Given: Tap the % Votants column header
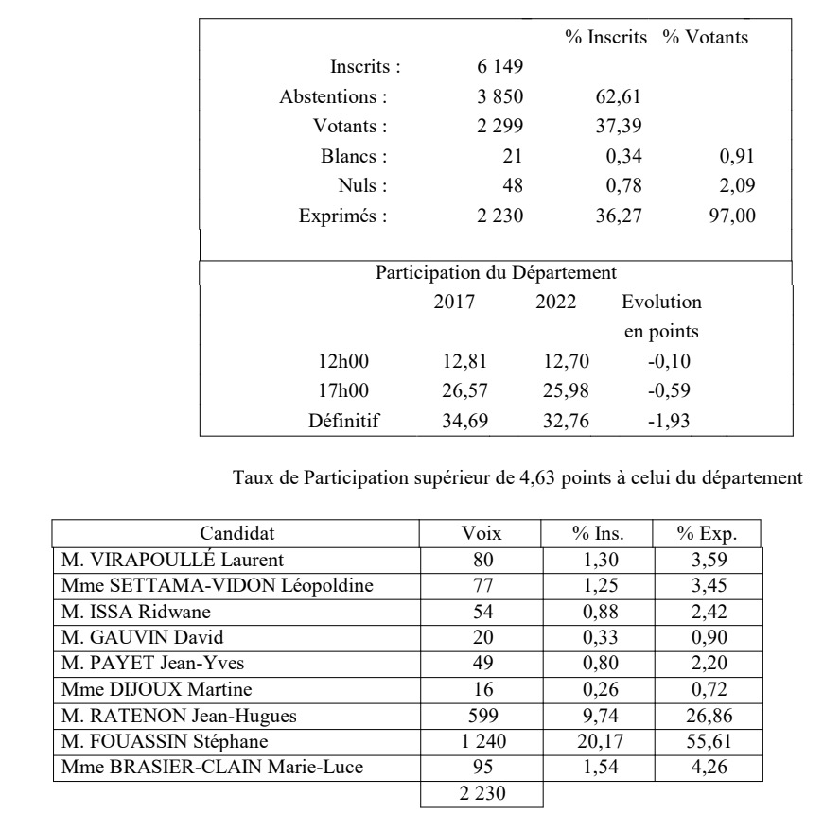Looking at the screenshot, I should click(706, 38).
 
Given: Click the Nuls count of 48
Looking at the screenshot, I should click(511, 185).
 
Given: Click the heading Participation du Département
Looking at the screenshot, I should click(497, 273).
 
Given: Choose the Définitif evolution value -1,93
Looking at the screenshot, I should click(669, 421).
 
